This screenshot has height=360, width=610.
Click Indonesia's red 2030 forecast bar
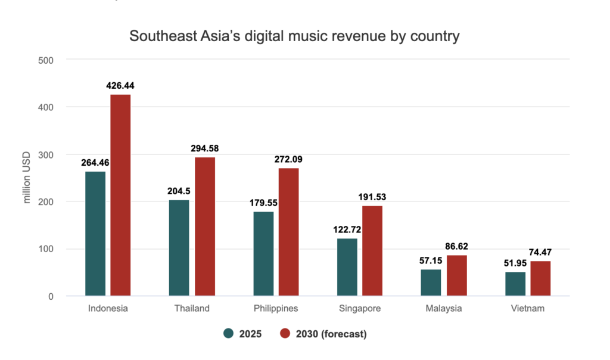click(120, 195)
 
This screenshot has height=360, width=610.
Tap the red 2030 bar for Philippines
click(288, 232)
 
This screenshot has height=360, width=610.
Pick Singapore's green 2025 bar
click(347, 267)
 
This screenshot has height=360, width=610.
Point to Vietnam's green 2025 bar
click(515, 284)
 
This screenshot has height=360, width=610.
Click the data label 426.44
click(120, 86)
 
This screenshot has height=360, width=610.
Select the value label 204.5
click(179, 191)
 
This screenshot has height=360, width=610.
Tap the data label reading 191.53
click(372, 197)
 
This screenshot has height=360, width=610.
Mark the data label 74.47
click(540, 252)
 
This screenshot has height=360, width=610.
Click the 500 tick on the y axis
click(46, 60)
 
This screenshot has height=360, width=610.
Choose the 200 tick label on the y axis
click(46, 202)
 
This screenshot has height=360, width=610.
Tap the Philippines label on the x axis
click(275, 309)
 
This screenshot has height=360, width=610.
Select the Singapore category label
click(360, 309)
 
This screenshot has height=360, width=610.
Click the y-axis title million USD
click(27, 178)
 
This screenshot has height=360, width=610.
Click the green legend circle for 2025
click(228, 334)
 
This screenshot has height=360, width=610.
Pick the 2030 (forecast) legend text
click(328, 334)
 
